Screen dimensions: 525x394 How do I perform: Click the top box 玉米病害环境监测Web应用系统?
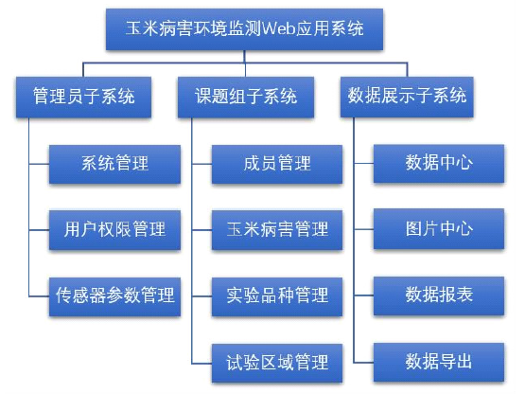(244, 29)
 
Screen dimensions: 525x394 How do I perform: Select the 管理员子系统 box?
(83, 97)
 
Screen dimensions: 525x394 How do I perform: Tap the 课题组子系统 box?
(246, 97)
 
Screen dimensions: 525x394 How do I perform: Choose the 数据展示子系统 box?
(407, 97)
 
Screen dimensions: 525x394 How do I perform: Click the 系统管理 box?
(114, 164)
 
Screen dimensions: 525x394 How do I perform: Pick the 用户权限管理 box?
(114, 230)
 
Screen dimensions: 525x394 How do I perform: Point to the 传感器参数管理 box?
(114, 296)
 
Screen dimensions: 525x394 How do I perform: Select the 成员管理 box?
(277, 164)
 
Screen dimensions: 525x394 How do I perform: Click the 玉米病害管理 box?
(277, 230)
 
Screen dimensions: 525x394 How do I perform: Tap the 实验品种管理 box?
(277, 296)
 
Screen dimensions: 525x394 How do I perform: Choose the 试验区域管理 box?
(277, 363)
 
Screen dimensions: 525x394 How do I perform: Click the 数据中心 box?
(439, 163)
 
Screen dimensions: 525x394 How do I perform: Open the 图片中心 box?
(439, 229)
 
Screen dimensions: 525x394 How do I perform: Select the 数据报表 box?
(439, 295)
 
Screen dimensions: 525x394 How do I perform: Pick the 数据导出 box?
(439, 362)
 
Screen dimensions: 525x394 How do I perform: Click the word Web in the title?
(278, 28)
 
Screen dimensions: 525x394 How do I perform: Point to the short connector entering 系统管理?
(39, 164)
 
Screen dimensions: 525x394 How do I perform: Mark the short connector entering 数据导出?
(363, 363)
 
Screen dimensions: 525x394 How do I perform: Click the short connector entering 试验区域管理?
(201, 364)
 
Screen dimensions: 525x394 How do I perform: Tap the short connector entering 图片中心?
(363, 229)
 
